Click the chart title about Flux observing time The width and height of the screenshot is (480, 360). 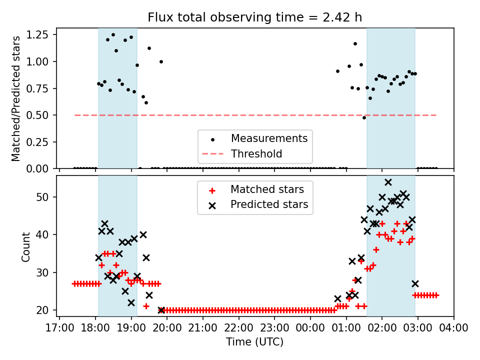(254, 17)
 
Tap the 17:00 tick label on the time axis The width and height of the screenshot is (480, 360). (59, 328)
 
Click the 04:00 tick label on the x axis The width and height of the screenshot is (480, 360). (453, 328)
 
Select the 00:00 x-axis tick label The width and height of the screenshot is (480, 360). (310, 328)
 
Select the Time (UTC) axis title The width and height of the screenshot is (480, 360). (254, 342)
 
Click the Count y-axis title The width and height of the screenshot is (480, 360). (26, 246)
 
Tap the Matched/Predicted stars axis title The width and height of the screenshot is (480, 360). (16, 98)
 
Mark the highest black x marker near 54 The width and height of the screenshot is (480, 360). (388, 182)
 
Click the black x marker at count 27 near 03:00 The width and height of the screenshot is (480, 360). (415, 283)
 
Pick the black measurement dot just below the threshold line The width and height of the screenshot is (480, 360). (364, 117)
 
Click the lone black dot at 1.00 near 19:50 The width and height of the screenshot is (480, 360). (161, 61)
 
